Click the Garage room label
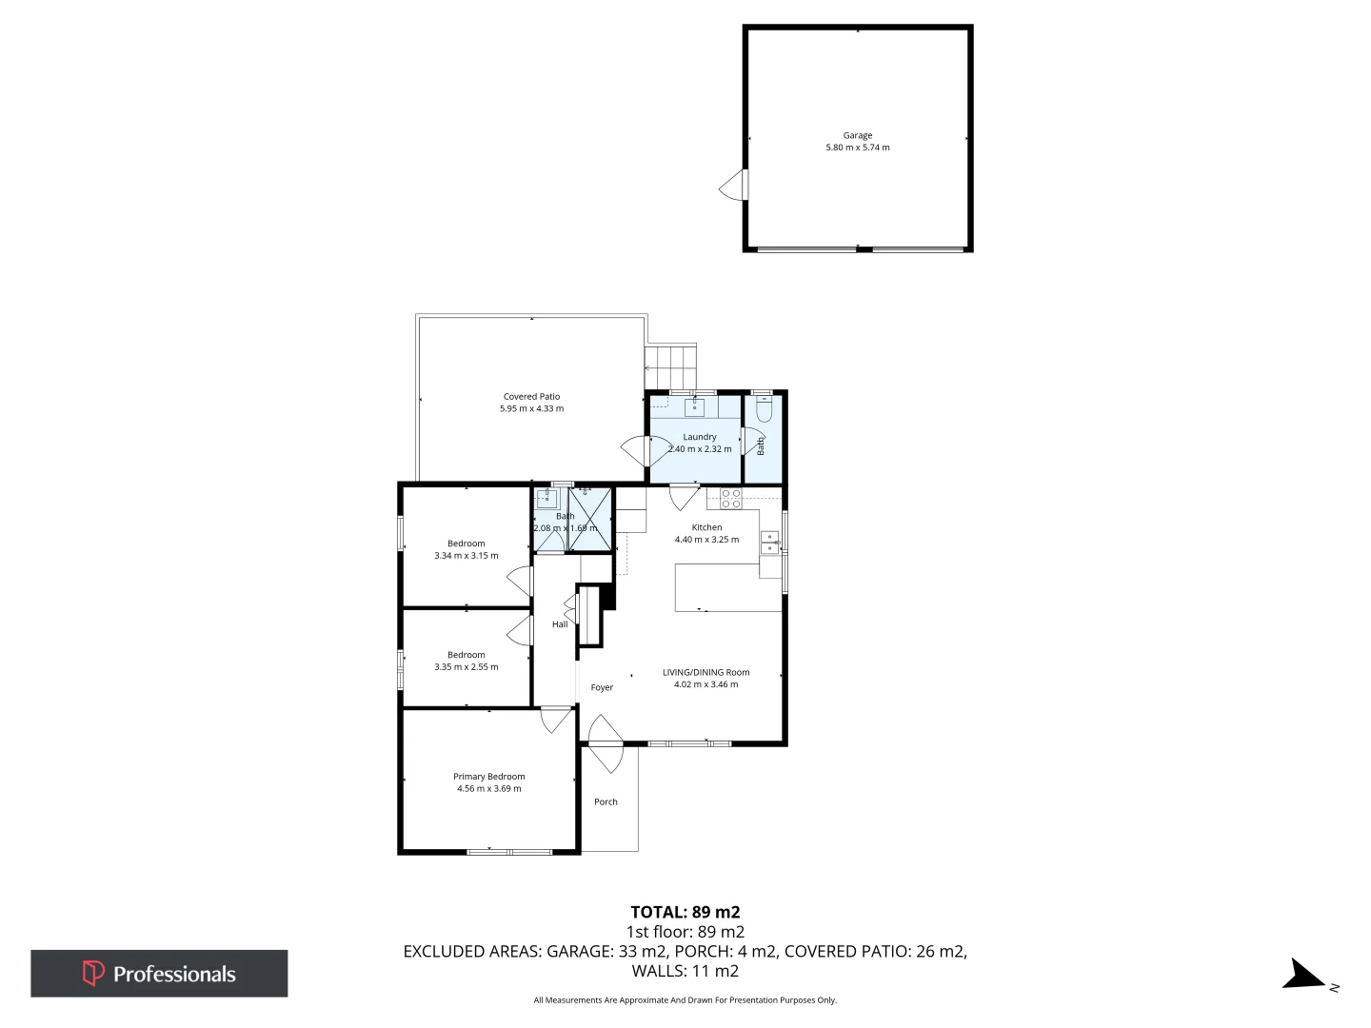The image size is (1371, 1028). point(857,135)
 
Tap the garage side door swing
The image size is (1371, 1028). point(733,186)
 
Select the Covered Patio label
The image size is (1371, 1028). point(531,397)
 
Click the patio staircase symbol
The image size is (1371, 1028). point(671,367)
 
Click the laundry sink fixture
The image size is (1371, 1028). point(695,407)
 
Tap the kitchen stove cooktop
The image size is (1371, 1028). point(730,498)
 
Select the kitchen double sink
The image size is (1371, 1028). point(769,543)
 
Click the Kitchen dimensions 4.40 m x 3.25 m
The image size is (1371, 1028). point(706,540)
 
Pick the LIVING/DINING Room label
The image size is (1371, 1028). point(705,672)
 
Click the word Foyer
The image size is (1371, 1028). point(602,687)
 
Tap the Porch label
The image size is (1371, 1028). point(606,802)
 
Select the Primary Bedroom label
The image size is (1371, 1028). point(488,777)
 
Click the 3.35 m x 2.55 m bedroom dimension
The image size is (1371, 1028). point(467,667)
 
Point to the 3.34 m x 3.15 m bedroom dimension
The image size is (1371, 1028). point(467,556)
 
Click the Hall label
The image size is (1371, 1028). point(560,624)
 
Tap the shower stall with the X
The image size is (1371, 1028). point(590,520)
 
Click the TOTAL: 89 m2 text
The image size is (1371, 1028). point(685,912)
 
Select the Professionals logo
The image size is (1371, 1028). point(159,974)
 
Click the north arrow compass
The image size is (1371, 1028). point(1304,976)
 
